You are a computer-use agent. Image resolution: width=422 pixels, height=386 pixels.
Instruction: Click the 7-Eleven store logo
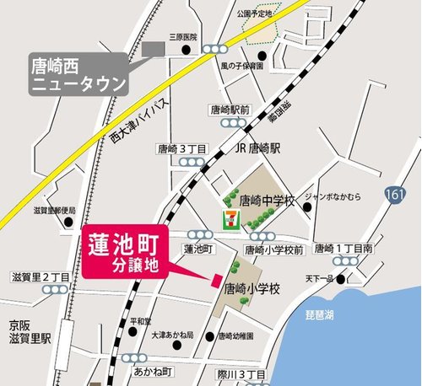(228, 220)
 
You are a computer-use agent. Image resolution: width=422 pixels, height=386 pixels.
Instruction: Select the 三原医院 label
(183, 38)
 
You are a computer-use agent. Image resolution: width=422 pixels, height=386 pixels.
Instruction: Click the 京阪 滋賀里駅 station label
(30, 331)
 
